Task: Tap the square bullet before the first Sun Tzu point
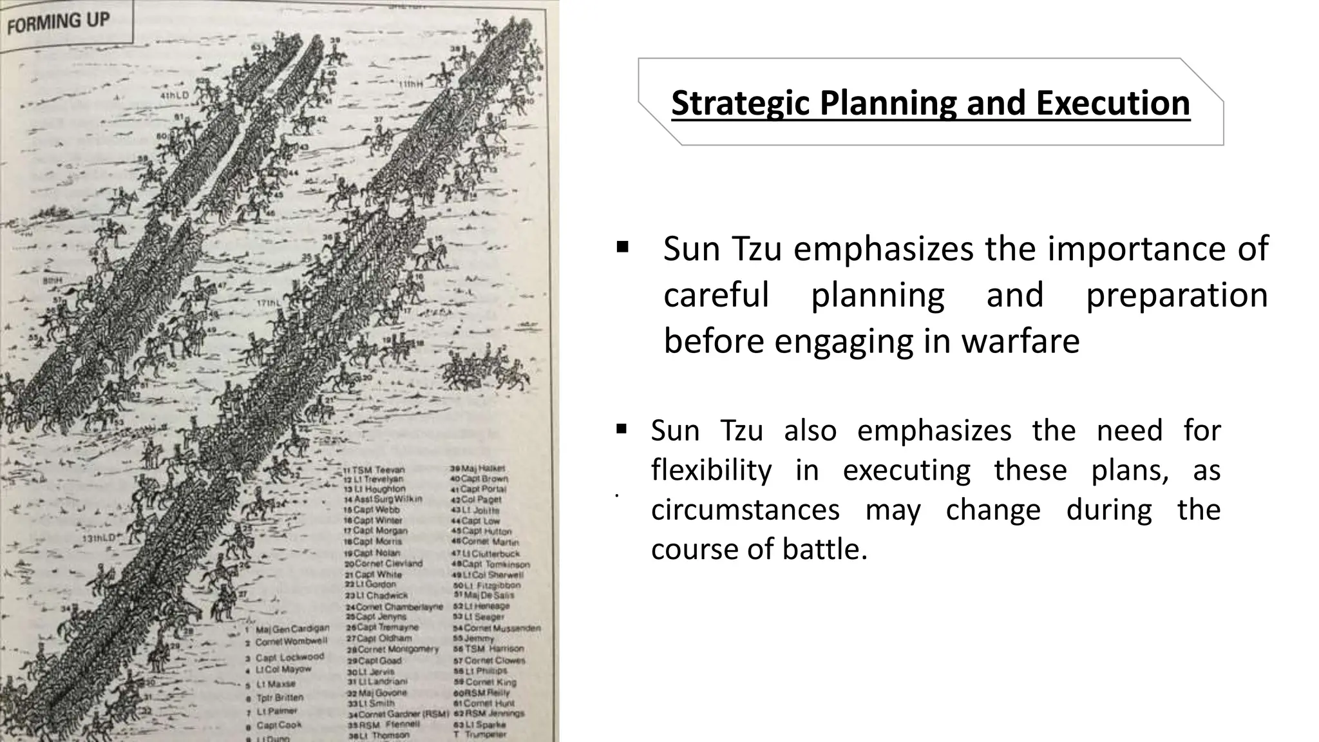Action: [x=622, y=247]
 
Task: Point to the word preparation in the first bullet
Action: [x=1177, y=295]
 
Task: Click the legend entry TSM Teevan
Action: [x=377, y=470]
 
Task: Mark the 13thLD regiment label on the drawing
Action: [x=99, y=538]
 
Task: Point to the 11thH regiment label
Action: [x=410, y=84]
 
